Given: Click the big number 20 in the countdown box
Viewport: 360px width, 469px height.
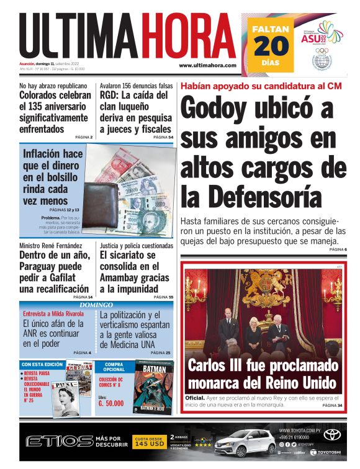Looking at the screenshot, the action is click(x=271, y=46).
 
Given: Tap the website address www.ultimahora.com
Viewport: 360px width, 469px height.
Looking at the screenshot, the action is click(x=207, y=65).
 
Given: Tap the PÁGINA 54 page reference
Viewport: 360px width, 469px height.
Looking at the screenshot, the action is click(x=163, y=136).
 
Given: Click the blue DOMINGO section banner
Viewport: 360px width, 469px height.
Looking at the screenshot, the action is click(x=96, y=305).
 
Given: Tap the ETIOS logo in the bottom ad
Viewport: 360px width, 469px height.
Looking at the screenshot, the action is click(x=59, y=441).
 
